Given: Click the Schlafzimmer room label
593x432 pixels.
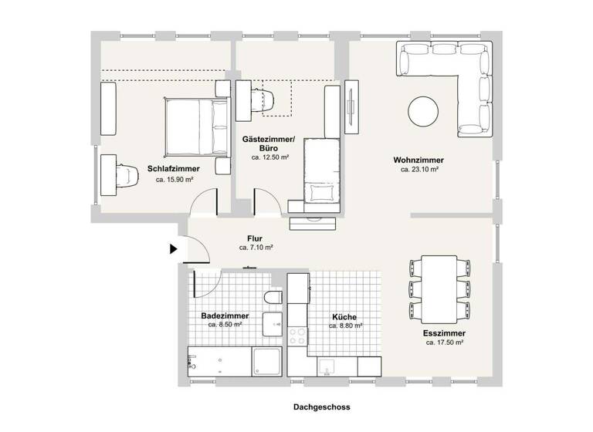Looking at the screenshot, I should pyautogui.click(x=174, y=168).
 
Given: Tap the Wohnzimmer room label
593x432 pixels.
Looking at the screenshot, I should pyautogui.click(x=419, y=160).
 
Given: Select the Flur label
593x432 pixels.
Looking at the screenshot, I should pyautogui.click(x=256, y=238).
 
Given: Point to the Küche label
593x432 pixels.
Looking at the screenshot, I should pyautogui.click(x=345, y=316).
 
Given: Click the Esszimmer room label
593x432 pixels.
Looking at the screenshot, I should pyautogui.click(x=444, y=333).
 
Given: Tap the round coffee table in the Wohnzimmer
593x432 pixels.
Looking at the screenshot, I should pyautogui.click(x=424, y=111).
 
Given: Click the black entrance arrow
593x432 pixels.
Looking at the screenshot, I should pyautogui.click(x=174, y=248).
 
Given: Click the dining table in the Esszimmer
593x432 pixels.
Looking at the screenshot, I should pyautogui.click(x=439, y=290).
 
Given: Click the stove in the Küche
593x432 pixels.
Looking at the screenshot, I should pyautogui.click(x=297, y=336).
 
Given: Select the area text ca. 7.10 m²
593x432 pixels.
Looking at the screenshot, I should pyautogui.click(x=256, y=248).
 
